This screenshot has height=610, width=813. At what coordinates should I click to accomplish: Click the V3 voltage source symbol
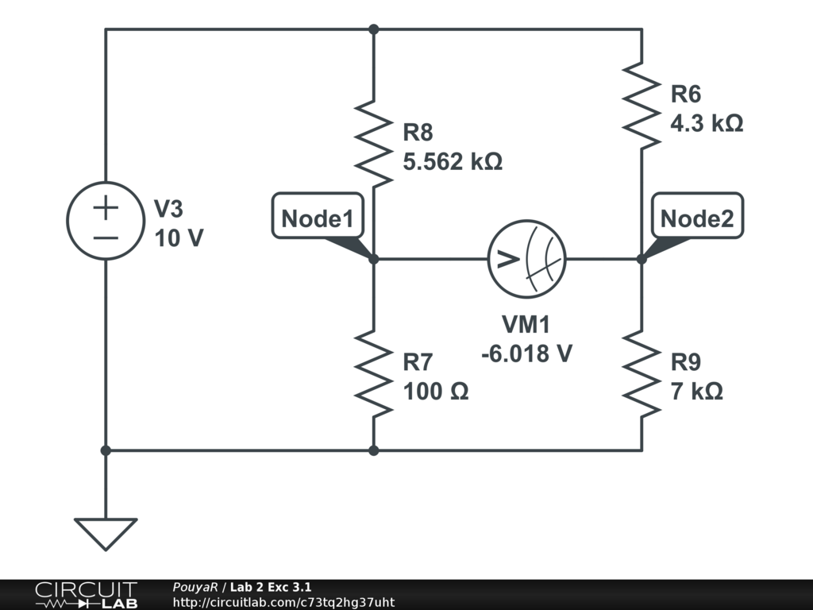tap(106, 222)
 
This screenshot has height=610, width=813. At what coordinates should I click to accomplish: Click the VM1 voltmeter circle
tap(526, 259)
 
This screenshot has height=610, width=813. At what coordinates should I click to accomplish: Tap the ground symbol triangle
tap(106, 532)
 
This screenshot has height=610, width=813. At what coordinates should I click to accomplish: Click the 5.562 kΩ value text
tap(453, 162)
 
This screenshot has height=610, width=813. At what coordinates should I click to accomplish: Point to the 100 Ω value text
tap(436, 392)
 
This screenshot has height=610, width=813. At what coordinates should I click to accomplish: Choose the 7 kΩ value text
tap(696, 392)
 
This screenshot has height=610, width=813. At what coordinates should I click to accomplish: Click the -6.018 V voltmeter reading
tap(526, 353)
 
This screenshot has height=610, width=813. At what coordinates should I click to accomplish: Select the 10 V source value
tap(179, 237)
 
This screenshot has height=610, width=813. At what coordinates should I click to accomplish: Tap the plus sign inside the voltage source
tap(106, 209)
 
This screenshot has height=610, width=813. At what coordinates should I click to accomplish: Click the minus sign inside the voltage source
tap(106, 238)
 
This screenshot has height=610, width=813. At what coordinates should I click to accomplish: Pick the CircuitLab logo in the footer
tap(85, 594)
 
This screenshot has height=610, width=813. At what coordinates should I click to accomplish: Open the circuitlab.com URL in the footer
tap(283, 603)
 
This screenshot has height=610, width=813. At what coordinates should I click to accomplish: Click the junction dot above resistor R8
tap(373, 29)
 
